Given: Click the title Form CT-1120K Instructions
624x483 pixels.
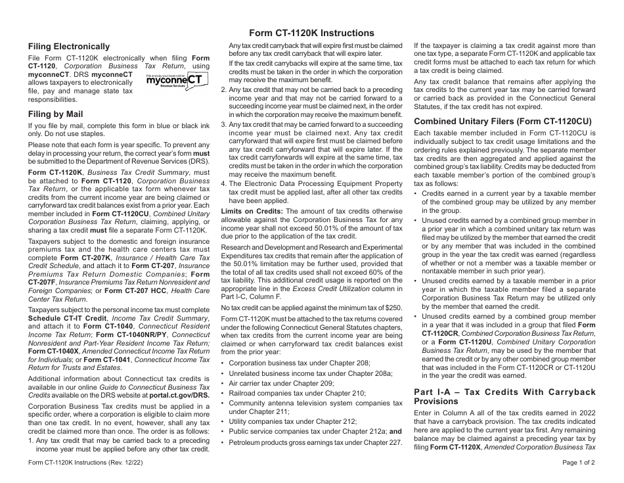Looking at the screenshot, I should pyautogui.click(x=312, y=33).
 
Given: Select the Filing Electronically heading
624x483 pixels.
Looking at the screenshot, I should pyautogui.click(x=69, y=47).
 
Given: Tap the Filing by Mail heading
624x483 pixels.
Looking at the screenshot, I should pyautogui.click(x=55, y=114).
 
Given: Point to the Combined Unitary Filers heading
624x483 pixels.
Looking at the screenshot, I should pyautogui.click(x=502, y=121).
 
